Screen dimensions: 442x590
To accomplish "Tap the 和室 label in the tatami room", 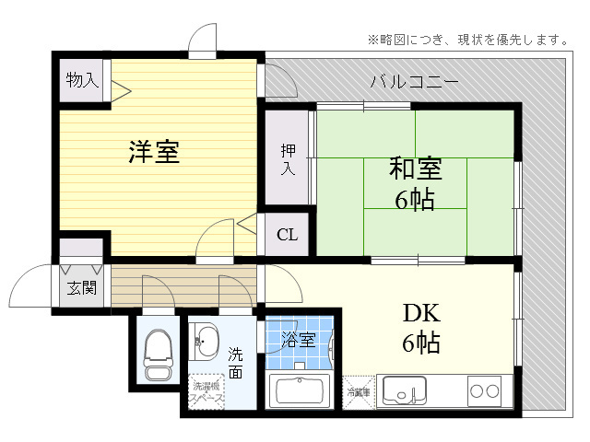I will click(415, 169).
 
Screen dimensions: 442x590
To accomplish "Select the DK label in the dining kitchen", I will click(420, 313).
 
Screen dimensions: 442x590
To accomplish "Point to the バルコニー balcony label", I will click(414, 82).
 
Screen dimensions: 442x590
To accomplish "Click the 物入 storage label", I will click(81, 81).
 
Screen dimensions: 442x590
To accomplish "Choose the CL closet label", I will click(287, 235).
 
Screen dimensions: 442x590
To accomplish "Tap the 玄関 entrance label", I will click(80, 286).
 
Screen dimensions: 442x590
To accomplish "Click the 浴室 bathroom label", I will click(299, 340).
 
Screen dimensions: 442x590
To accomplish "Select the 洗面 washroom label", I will click(236, 362).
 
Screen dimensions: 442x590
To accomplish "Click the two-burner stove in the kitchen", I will click(485, 390).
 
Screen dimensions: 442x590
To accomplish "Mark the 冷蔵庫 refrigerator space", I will click(358, 390).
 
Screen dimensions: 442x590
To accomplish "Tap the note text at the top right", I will click(467, 40).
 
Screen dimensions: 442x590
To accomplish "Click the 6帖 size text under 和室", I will click(415, 199).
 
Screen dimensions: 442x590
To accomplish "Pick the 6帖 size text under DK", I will click(420, 343).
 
